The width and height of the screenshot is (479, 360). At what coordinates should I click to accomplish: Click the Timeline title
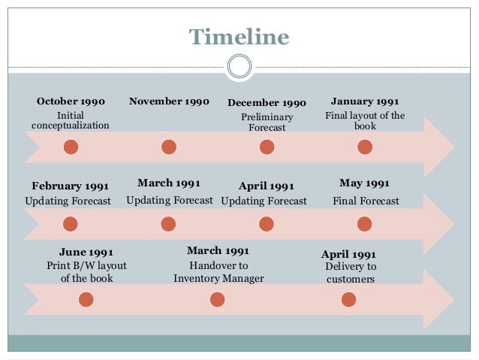239,36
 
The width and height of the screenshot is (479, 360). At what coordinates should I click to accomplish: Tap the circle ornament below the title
239,67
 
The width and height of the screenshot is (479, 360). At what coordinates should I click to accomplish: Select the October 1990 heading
71,101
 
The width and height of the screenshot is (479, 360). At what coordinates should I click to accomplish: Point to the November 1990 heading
169,101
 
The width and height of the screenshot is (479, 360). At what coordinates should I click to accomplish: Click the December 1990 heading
267,103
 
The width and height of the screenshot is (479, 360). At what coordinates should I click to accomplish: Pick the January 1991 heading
365,101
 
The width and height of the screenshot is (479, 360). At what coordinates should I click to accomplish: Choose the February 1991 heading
71,186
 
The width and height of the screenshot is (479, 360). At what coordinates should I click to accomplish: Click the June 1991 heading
86,252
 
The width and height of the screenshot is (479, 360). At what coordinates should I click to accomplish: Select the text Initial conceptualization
71,120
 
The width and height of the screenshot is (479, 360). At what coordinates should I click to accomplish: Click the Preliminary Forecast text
267,123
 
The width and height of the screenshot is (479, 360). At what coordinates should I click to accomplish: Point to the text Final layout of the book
365,121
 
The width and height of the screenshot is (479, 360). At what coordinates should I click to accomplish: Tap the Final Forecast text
366,201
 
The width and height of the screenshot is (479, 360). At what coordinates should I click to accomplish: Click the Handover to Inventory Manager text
218,272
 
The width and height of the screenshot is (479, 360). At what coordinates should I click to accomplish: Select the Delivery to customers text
350,273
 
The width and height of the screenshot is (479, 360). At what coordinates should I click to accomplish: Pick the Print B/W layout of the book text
86,272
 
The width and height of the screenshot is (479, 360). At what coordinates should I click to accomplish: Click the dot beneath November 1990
169,147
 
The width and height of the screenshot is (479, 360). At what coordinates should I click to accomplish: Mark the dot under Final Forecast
365,224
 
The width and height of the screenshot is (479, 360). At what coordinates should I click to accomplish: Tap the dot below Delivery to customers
348,300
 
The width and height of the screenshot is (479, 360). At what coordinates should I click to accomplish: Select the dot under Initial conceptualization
71,147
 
